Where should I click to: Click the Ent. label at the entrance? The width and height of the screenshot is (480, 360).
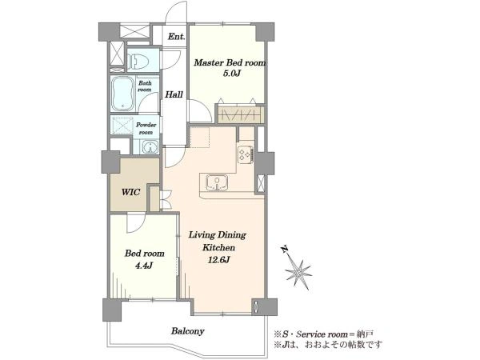177,37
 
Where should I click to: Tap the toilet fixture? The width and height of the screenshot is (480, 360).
138,61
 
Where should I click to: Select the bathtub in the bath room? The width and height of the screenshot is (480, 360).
122,94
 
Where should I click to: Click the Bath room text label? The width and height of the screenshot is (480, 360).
145,86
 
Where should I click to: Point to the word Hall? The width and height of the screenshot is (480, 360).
174,94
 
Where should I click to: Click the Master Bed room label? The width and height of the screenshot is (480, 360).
230,63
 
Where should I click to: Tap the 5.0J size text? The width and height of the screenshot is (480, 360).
230,74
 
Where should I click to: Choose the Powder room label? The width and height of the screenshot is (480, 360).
146,129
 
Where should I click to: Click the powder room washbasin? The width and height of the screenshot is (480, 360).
150,147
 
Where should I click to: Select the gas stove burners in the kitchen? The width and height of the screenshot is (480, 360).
246,154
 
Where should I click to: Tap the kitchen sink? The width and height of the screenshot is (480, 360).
217,182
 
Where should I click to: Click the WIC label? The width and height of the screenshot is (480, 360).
130,193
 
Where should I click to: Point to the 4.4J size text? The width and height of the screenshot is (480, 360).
144,266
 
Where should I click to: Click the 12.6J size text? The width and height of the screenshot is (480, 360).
219,260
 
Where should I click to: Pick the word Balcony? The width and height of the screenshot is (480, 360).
188,331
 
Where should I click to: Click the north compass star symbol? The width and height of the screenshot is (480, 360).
298,273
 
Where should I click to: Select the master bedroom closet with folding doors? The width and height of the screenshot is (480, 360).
241,114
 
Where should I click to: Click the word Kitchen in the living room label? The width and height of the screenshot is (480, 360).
218,247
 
